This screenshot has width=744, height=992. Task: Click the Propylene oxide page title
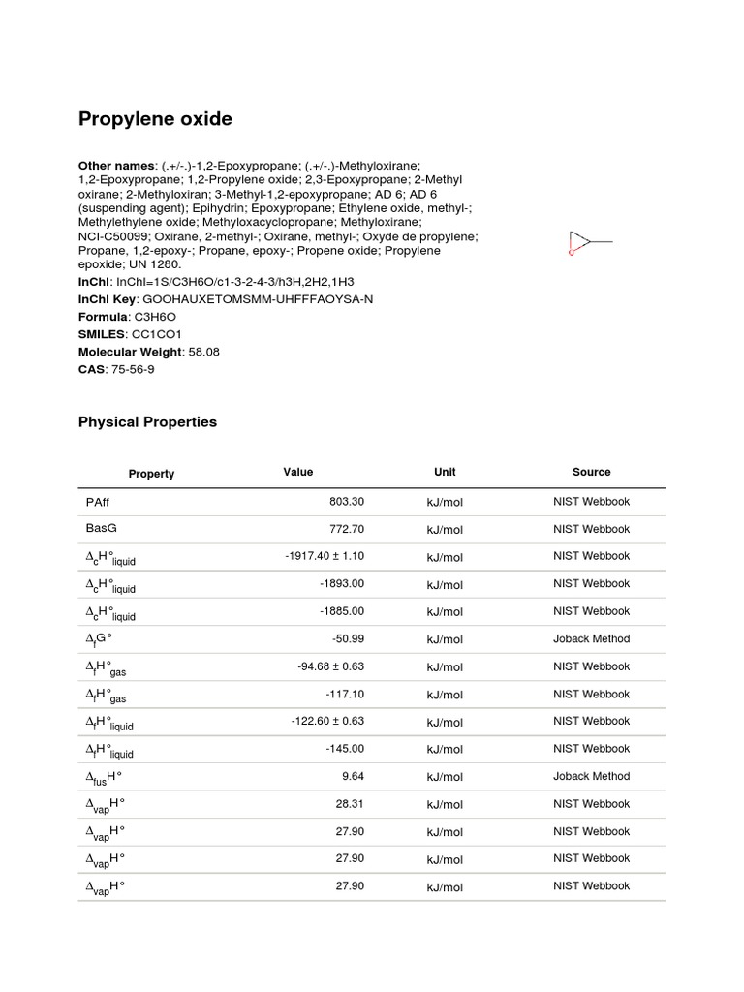tap(155, 119)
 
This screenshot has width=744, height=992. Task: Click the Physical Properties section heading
tap(147, 422)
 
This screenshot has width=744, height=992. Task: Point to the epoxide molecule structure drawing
tap(589, 242)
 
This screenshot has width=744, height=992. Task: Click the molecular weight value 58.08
tap(201, 352)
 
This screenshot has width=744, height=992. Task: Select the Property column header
tap(151, 474)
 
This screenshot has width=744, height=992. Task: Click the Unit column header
tap(445, 472)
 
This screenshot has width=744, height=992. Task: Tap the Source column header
tap(591, 472)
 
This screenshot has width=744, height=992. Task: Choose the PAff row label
tap(99, 502)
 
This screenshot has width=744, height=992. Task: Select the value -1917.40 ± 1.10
tap(325, 556)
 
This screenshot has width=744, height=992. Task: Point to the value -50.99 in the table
tap(345, 638)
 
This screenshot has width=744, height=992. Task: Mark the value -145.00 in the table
tap(343, 748)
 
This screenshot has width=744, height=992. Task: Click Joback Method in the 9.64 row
tap(591, 776)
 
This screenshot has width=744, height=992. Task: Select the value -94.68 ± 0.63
tap(330, 666)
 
